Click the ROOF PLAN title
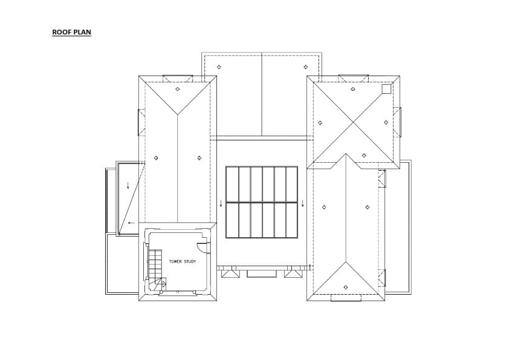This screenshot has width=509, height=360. coord(71,32)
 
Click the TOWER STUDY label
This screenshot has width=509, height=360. coord(182,262)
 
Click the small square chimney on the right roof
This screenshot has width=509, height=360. coord(386,89)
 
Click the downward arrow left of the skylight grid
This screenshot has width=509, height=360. coord(221,202)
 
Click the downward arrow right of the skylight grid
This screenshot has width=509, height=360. coord(303,202)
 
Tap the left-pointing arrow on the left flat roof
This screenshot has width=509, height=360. coord(129,223)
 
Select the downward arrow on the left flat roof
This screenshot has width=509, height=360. coord(128,186)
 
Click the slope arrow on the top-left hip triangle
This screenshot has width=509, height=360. coord(177,89)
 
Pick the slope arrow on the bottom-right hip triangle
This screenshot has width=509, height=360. coord(345,287)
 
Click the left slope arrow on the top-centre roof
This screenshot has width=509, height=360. coord(219,67)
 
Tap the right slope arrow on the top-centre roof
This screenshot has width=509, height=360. coord(305,67)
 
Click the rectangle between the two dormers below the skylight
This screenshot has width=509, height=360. coord(262,273)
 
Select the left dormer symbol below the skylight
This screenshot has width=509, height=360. coord(231,273)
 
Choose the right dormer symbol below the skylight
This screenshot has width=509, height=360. coord(293,273)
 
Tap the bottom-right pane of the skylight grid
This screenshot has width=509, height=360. coord(291,220)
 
